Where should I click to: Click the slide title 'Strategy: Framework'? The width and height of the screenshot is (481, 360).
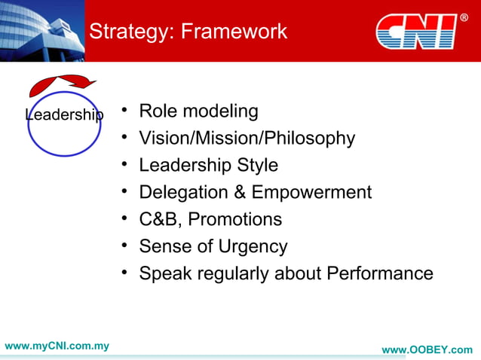click(x=188, y=32)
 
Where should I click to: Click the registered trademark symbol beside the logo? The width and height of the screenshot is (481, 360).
click(x=464, y=17)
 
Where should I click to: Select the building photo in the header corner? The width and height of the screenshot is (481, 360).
click(x=41, y=30)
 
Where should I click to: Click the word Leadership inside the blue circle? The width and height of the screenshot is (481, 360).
click(x=64, y=114)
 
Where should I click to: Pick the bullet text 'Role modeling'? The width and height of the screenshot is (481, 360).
click(x=198, y=111)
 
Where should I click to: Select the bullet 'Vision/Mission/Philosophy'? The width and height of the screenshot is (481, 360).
click(x=247, y=139)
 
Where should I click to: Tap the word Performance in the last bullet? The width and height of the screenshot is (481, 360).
click(x=379, y=273)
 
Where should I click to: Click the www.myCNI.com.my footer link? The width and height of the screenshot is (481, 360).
click(x=57, y=346)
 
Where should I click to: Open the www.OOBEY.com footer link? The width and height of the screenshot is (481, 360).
click(x=427, y=350)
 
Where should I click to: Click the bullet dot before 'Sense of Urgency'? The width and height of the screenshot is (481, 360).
click(x=124, y=246)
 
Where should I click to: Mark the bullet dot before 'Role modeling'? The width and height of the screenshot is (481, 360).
click(x=124, y=111)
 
